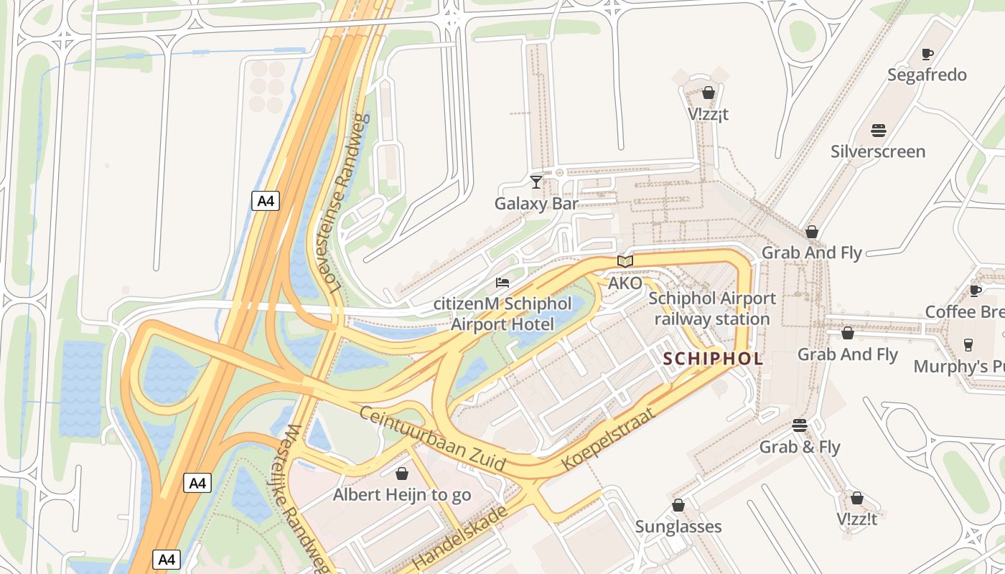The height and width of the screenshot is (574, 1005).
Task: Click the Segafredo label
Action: [x=927, y=75]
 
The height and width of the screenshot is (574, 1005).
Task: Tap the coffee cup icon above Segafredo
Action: [x=927, y=54]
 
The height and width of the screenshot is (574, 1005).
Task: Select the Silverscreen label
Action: [x=878, y=151]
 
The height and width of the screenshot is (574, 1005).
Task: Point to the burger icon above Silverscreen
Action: [x=878, y=131]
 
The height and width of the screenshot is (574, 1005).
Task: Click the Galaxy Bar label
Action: [x=536, y=204]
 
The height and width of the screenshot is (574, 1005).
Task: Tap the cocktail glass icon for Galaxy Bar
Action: [x=536, y=182]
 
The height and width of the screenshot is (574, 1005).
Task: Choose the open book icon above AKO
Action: [x=625, y=261]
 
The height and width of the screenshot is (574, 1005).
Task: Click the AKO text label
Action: [x=625, y=283]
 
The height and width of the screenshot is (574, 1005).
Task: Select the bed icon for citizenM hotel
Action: [x=502, y=283]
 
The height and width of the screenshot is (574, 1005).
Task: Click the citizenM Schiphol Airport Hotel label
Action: [x=502, y=314]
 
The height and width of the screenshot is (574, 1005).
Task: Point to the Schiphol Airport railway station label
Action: [x=711, y=309]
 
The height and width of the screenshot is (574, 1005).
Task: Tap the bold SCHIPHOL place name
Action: [x=713, y=359]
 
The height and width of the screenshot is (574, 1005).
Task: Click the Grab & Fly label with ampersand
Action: [x=800, y=447]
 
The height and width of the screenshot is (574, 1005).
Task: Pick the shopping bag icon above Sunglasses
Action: [x=678, y=505]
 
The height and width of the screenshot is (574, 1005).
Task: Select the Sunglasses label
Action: [x=678, y=527]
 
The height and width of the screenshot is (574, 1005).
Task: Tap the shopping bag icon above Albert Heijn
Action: [x=402, y=474]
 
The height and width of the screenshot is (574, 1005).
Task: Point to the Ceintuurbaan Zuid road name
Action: [x=432, y=439]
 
